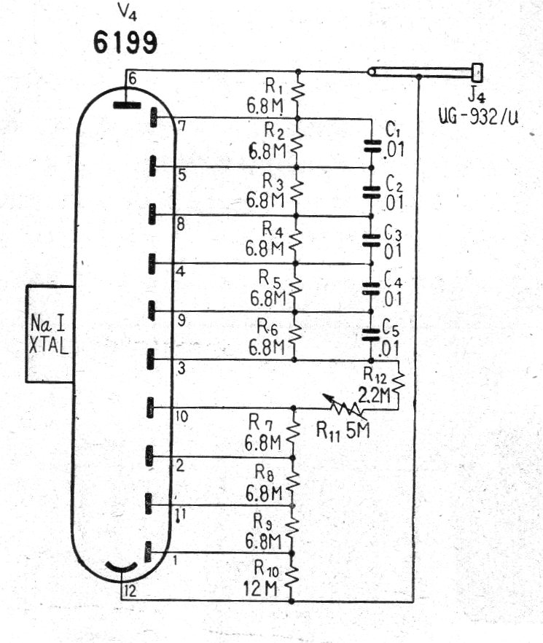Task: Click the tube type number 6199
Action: click(125, 42)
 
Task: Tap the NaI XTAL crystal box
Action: click(50, 334)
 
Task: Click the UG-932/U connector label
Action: click(478, 117)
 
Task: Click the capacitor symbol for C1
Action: click(372, 146)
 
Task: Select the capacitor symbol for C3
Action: click(372, 240)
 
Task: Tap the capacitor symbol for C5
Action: click(371, 335)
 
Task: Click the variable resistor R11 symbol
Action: click(343, 405)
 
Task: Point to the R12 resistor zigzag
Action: click(399, 383)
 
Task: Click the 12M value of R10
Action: click(260, 589)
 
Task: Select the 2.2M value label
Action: click(374, 396)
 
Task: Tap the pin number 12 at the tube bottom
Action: click(130, 591)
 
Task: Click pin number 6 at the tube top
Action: click(132, 78)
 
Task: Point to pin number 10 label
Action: click(181, 416)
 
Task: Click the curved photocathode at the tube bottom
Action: click(122, 569)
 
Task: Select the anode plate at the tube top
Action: click(127, 106)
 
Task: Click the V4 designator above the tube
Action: click(127, 12)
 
